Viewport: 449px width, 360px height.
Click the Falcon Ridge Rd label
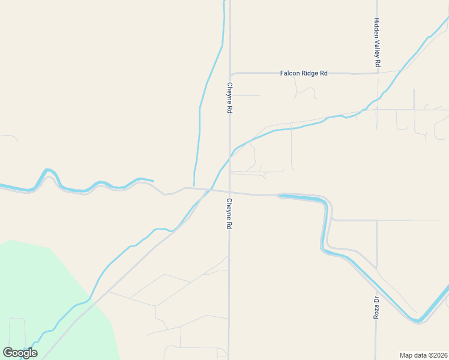pyautogui.click(x=304, y=73)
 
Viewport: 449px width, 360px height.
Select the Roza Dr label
pyautogui.click(x=376, y=307)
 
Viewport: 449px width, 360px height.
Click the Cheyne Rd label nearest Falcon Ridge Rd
pyautogui.click(x=229, y=98)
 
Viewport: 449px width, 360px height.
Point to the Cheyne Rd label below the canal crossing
pyautogui.click(x=229, y=214)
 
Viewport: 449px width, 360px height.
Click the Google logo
pyautogui.click(x=20, y=353)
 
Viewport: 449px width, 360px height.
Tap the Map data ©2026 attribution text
pyautogui.click(x=424, y=355)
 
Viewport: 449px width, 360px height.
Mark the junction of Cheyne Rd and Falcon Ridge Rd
pyautogui.click(x=230, y=73)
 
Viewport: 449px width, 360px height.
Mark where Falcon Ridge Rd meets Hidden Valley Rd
pyautogui.click(x=377, y=73)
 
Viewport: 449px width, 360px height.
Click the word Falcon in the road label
pyautogui.click(x=290, y=73)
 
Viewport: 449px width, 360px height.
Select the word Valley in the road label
pyautogui.click(x=377, y=44)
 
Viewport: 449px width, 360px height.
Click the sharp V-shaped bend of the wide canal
pyautogui.click(x=418, y=320)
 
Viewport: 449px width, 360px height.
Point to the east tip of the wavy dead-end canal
pyautogui.click(x=153, y=180)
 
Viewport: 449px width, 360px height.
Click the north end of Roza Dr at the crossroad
pyautogui.click(x=377, y=221)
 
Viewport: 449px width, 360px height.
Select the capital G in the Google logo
pyautogui.click(x=8, y=352)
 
